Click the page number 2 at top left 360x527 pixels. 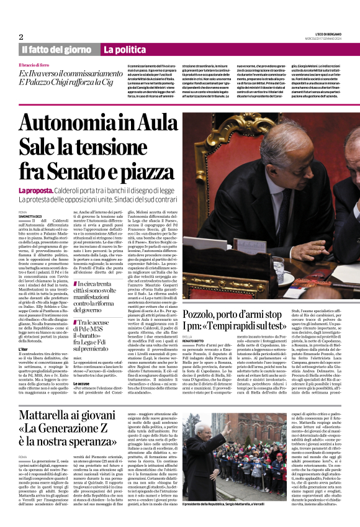[x=20, y=37]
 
